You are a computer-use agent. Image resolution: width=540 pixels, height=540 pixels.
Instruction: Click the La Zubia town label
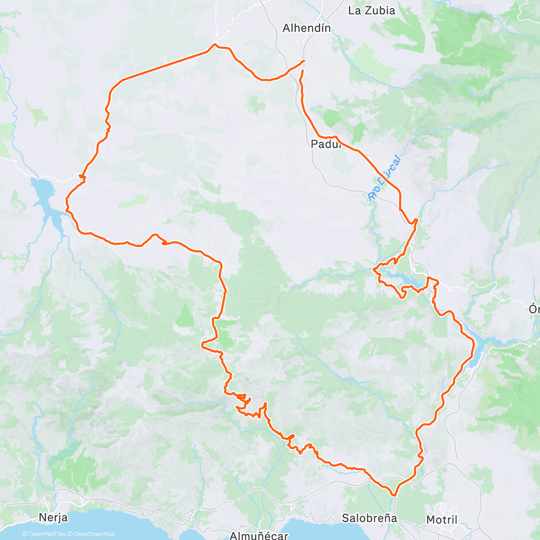pos(372,10)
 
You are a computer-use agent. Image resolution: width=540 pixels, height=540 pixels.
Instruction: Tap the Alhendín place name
pos(306,28)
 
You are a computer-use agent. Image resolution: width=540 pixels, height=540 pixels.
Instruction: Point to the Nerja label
pos(53,517)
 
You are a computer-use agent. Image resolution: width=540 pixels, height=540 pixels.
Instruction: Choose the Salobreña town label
pos(369,518)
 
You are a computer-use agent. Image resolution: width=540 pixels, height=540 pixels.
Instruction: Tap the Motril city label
pos(442,520)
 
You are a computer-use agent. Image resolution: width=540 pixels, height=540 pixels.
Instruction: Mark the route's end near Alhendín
pos(302,71)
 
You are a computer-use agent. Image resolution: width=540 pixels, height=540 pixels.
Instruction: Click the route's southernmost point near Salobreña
pos(394,495)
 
